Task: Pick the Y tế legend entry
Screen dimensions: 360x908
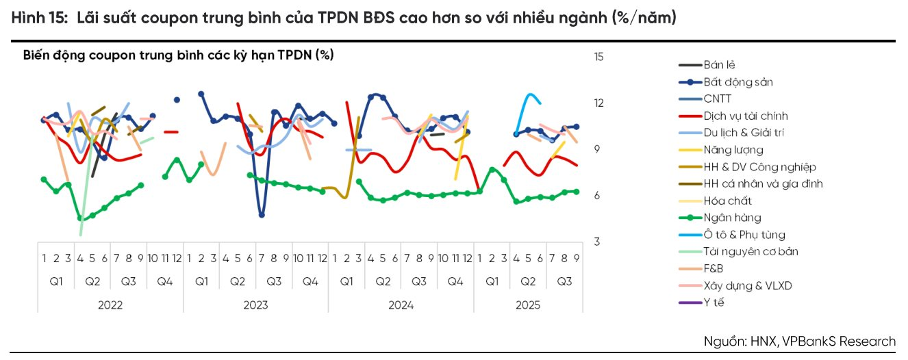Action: click(x=713, y=303)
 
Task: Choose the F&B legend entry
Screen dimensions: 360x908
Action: click(x=713, y=268)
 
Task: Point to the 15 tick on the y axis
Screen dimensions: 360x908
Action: click(x=599, y=57)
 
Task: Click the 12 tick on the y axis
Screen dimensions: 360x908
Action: click(x=599, y=103)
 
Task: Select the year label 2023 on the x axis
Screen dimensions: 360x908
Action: click(x=255, y=305)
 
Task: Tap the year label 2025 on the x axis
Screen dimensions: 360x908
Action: click(x=528, y=305)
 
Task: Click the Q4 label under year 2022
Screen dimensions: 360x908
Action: click(x=164, y=281)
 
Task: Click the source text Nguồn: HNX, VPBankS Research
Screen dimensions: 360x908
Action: click(x=799, y=341)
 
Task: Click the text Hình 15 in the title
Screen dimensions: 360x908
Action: click(x=38, y=18)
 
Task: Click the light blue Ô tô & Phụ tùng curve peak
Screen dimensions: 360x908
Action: click(x=529, y=94)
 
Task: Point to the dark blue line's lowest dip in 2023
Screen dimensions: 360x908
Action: click(x=262, y=215)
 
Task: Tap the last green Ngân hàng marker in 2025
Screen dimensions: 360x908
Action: click(x=576, y=192)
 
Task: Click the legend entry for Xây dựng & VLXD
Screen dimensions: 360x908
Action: click(x=747, y=285)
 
